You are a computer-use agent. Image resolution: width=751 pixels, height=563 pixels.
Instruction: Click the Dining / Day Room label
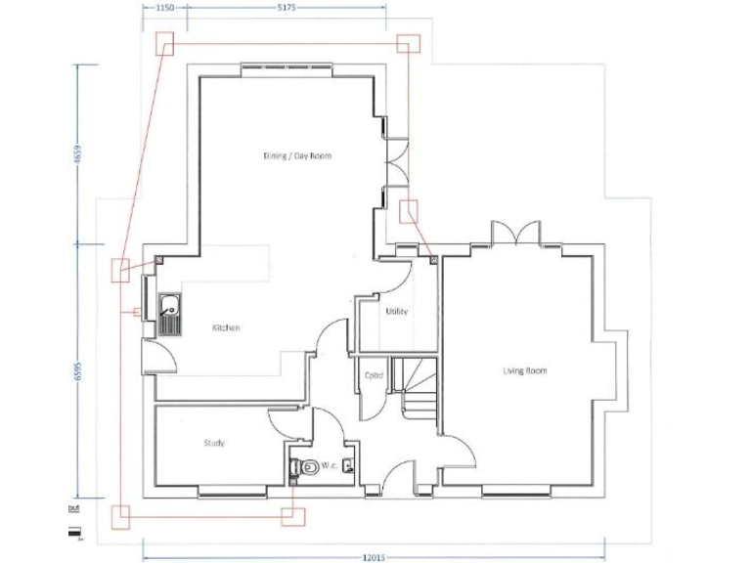297,155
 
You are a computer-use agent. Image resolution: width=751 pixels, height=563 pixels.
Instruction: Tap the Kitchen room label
226,328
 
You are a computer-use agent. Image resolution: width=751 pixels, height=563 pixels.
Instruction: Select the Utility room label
396,312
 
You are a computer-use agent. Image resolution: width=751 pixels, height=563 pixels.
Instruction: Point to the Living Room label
524,371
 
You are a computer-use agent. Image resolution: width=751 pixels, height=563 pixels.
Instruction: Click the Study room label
214,444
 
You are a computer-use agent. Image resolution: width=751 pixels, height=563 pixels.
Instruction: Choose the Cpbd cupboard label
373,374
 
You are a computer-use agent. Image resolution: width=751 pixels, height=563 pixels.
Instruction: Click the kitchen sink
169,313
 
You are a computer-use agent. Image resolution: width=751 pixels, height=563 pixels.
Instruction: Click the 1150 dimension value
164,7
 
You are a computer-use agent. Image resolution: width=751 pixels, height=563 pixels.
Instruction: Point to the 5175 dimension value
286,7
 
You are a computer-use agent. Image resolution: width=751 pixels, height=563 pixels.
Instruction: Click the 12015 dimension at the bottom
374,557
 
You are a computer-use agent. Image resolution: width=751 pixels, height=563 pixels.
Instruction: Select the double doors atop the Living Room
515,233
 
